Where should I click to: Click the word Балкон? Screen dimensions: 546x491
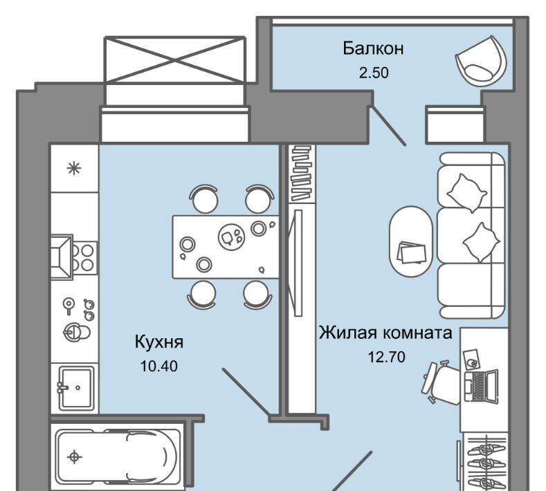(x=373, y=48)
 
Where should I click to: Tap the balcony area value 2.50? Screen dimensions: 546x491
(x=374, y=73)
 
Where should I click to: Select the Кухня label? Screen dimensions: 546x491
(x=158, y=342)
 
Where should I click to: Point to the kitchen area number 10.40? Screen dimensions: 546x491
(x=158, y=366)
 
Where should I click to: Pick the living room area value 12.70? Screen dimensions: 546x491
(x=387, y=357)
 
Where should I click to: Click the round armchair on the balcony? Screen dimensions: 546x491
(x=480, y=59)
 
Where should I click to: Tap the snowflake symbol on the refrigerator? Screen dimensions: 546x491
(x=74, y=169)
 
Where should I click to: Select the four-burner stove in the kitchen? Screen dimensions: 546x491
(x=83, y=257)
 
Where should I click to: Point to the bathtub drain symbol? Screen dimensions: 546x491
(x=74, y=456)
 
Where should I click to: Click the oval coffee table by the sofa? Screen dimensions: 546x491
(x=411, y=241)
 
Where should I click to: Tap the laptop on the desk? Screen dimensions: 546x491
(x=482, y=387)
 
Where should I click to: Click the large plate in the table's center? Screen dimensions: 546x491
(x=231, y=237)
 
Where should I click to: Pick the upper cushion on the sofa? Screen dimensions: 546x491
(x=466, y=192)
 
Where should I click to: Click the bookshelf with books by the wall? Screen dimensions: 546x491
(x=302, y=174)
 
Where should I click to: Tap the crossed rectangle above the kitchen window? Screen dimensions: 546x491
(x=175, y=59)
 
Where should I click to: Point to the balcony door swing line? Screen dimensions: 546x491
(x=388, y=125)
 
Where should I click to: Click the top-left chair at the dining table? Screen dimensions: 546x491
(x=204, y=198)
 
